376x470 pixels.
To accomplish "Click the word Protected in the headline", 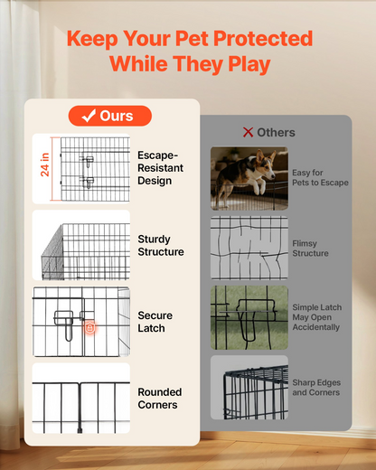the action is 263,39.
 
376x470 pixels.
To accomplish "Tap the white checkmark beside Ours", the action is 89,116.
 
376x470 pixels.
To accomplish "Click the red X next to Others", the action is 248,132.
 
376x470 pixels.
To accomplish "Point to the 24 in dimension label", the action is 44,164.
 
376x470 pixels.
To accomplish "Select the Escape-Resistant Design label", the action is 160,168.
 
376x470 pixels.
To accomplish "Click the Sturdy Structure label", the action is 161,245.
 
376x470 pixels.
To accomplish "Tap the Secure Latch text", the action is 155,322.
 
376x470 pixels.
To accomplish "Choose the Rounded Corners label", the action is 160,399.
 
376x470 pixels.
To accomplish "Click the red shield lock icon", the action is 89,327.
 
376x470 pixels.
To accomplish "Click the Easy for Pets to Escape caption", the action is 320,177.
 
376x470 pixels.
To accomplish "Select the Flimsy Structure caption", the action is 310,249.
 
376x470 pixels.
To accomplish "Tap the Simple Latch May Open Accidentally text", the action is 316,317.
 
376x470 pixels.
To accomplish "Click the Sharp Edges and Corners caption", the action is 316,388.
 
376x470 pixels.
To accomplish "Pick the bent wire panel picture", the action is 249,248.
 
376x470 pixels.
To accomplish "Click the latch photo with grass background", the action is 249,317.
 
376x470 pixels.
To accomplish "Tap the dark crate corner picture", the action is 249,388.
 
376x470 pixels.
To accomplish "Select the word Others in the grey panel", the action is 276,133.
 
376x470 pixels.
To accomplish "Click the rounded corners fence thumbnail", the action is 81,399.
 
